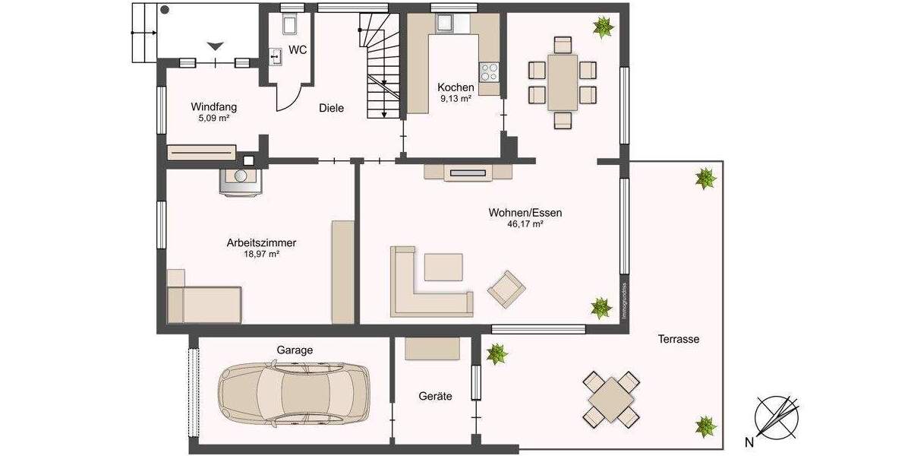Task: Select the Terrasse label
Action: click(x=679, y=339)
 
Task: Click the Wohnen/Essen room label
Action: click(x=525, y=213)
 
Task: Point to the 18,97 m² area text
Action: click(x=261, y=255)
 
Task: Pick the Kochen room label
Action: click(x=455, y=87)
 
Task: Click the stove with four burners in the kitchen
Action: click(x=490, y=72)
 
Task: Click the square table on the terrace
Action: click(x=610, y=397)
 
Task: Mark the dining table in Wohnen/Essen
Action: click(x=562, y=82)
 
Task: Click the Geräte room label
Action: click(x=435, y=396)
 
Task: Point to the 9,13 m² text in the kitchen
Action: click(x=455, y=99)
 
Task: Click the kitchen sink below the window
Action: click(x=443, y=24)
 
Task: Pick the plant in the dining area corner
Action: click(x=604, y=28)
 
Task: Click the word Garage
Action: click(x=295, y=350)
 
